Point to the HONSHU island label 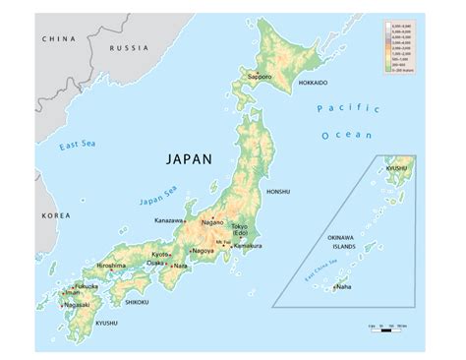[x=278, y=193]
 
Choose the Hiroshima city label [x=110, y=266]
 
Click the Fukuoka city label [x=87, y=285]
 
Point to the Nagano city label [x=212, y=222]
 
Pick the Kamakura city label [x=248, y=246]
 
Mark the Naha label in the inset [x=343, y=287]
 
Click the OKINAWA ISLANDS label [x=347, y=243]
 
